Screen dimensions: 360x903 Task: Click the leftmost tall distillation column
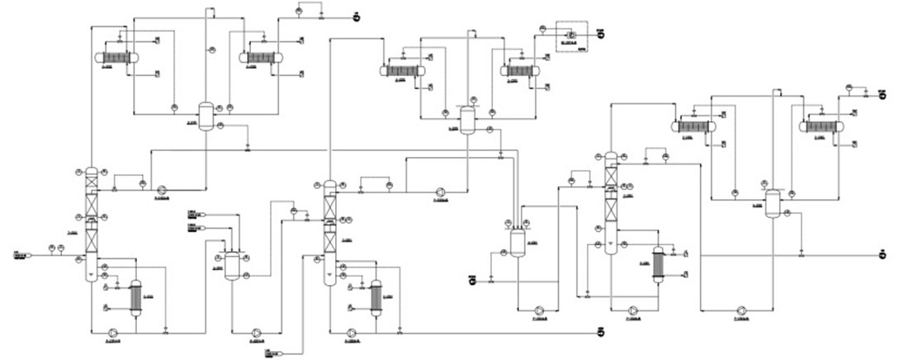tap(92, 223)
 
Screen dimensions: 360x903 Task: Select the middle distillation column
tap(329, 231)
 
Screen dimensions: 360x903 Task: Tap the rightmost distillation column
tap(610, 202)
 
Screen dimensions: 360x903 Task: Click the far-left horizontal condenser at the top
tap(116, 57)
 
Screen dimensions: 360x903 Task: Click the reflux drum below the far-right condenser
tap(773, 203)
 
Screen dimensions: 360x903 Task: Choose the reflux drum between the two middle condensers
tap(467, 120)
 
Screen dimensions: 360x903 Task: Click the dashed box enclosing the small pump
tap(570, 37)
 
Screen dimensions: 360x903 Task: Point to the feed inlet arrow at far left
tap(21, 256)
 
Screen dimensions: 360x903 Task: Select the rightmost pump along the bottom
tap(742, 310)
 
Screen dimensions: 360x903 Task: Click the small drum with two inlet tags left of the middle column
tap(233, 263)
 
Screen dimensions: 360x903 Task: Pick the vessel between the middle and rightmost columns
tap(517, 239)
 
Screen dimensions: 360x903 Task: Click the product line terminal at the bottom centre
tap(601, 333)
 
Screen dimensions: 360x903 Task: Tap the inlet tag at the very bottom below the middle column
tap(272, 354)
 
